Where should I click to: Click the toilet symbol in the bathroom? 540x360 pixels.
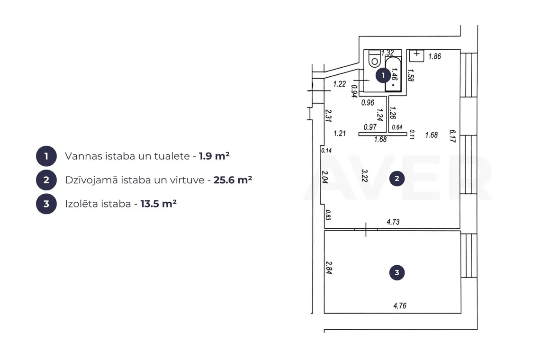[x=374, y=59]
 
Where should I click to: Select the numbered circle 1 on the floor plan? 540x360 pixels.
[x=383, y=75]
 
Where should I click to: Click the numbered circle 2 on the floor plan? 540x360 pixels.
[x=397, y=179]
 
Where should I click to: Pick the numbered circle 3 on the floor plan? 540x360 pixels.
[x=397, y=272]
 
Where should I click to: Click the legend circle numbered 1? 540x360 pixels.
[x=46, y=156]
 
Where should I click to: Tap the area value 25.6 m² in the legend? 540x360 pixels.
[x=233, y=180]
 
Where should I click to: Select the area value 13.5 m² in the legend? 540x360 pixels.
[x=158, y=204]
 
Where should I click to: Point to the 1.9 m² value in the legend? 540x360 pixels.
[x=214, y=156]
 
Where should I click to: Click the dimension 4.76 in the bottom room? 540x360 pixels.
[x=400, y=306]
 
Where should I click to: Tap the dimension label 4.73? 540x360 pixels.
[x=393, y=222]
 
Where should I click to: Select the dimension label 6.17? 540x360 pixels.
[x=452, y=136]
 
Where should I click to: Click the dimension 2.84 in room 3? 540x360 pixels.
[x=329, y=268]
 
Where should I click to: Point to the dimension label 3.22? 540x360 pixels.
[x=365, y=175]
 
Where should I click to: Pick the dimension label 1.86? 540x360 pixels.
[x=435, y=56]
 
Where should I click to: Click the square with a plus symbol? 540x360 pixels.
[x=416, y=55]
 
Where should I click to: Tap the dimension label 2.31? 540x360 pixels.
[x=328, y=116]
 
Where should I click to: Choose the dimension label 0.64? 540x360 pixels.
[x=397, y=127]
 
